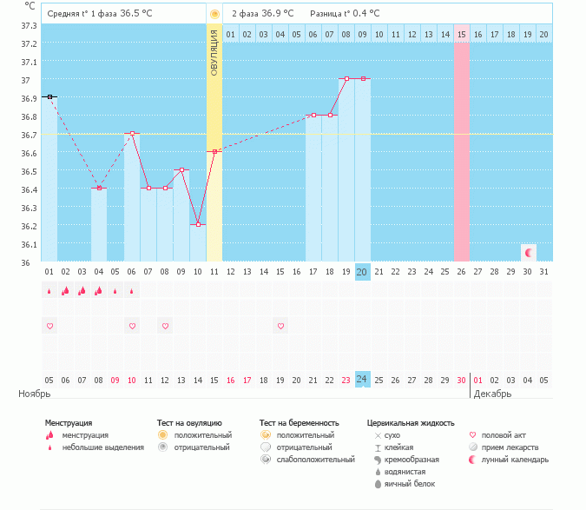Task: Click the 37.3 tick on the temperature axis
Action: (x=29, y=25)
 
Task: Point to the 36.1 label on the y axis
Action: (x=29, y=244)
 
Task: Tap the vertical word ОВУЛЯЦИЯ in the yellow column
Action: (x=214, y=54)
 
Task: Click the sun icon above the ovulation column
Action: (x=214, y=14)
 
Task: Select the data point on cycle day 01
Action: (x=49, y=96)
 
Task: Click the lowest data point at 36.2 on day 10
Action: (x=198, y=224)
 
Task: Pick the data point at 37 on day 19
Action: (x=346, y=78)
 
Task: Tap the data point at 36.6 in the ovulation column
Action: (x=214, y=151)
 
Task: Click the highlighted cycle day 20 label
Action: (x=362, y=272)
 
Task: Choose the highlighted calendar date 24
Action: (x=362, y=380)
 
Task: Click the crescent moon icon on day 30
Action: (x=527, y=252)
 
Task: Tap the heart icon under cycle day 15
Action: (x=280, y=326)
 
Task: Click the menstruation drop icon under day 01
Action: (x=49, y=292)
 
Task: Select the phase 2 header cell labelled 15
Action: (x=462, y=34)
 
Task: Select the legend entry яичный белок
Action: (x=406, y=483)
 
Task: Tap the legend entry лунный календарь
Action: (x=515, y=459)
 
